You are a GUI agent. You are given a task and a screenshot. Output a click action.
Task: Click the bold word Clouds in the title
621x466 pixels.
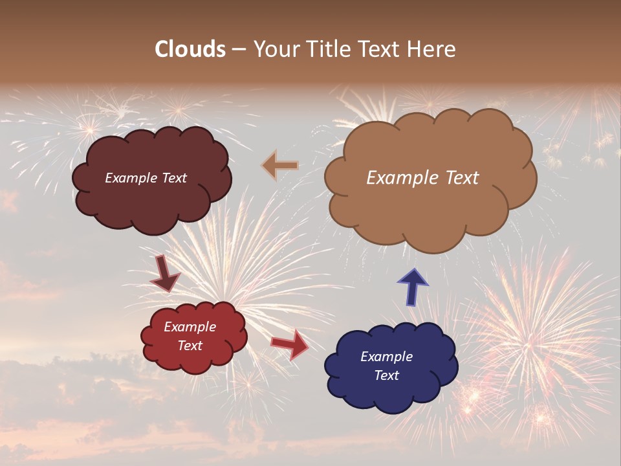click(190, 49)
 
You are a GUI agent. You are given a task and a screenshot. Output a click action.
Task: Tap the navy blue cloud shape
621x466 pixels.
click(391, 395)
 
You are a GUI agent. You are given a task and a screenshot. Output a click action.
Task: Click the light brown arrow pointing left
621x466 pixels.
click(280, 166)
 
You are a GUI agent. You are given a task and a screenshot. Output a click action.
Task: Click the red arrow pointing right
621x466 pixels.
click(290, 344)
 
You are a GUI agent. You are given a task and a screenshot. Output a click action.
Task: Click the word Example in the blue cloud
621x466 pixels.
click(386, 357)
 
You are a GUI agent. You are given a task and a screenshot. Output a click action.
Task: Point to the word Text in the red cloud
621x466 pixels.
click(190, 346)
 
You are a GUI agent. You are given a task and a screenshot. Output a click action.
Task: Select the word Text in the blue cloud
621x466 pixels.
click(386, 375)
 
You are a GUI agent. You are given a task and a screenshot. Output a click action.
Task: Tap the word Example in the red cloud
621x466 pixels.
click(190, 327)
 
